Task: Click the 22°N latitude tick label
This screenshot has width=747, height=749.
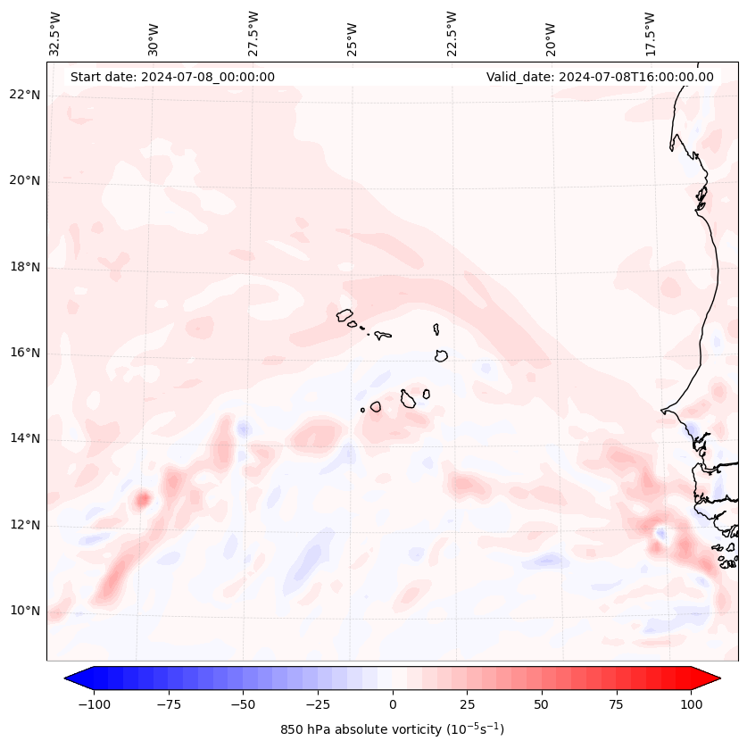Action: pos(25,95)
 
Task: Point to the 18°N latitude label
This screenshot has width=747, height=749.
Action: pos(25,267)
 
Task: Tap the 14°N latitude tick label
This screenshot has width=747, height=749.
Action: pos(25,438)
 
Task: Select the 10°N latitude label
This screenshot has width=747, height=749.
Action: pos(25,611)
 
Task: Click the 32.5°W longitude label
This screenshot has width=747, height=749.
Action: pos(55,34)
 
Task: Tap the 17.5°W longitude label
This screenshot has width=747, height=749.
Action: pos(650,34)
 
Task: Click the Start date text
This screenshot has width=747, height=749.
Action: pos(172,77)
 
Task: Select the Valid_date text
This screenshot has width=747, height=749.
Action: pos(600,77)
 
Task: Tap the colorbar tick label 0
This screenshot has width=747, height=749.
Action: pos(393,704)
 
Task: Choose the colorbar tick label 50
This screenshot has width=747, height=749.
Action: pos(542,704)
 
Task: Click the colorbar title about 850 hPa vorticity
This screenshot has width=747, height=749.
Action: pos(393,729)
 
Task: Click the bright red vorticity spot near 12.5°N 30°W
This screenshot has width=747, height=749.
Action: pos(142,498)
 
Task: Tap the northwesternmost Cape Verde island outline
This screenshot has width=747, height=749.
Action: pos(344,315)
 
